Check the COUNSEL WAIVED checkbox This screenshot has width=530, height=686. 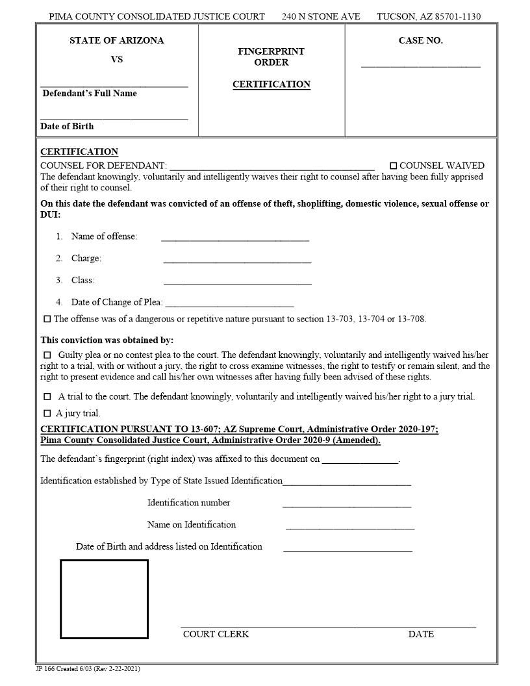point(393,166)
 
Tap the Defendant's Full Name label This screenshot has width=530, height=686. point(90,94)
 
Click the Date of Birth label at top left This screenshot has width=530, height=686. point(67,127)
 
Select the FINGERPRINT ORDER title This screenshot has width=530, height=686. point(271,57)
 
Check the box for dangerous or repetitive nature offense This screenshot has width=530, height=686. point(47,320)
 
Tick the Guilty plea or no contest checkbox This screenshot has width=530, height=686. point(47,355)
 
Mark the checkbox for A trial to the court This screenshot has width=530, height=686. point(47,397)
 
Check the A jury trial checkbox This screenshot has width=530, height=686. point(47,414)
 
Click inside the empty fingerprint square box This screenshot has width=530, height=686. point(104,599)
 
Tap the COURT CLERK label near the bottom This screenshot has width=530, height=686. point(216,634)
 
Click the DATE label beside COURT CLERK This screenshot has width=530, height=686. point(421,634)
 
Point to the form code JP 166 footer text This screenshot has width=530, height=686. point(87,669)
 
